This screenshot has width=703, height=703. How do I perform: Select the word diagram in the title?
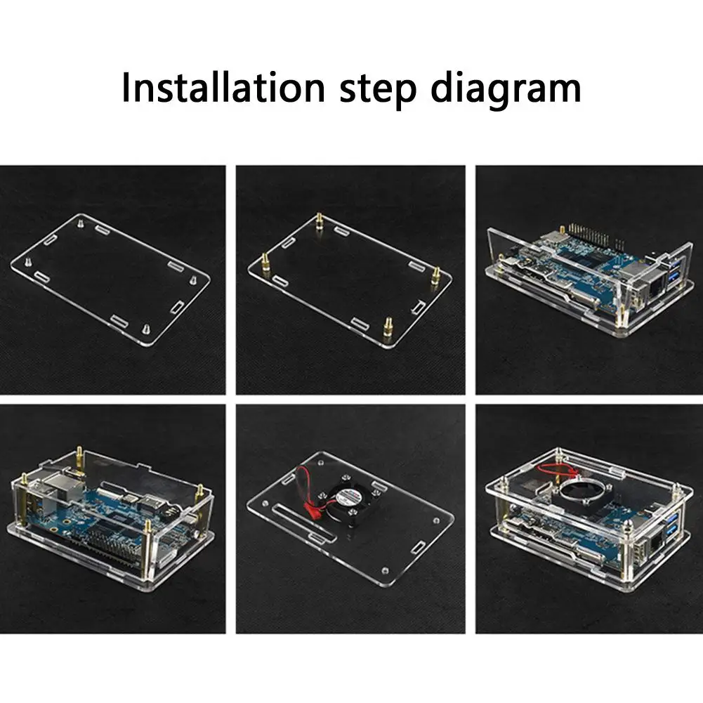tap(506, 88)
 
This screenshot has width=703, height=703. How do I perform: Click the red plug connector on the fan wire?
tap(309, 509)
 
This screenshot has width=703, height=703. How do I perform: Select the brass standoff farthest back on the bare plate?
tap(320, 221)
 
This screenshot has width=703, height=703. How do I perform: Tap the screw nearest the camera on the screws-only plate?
tap(146, 329)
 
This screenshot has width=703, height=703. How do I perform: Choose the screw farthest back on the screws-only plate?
tap(80, 222)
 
